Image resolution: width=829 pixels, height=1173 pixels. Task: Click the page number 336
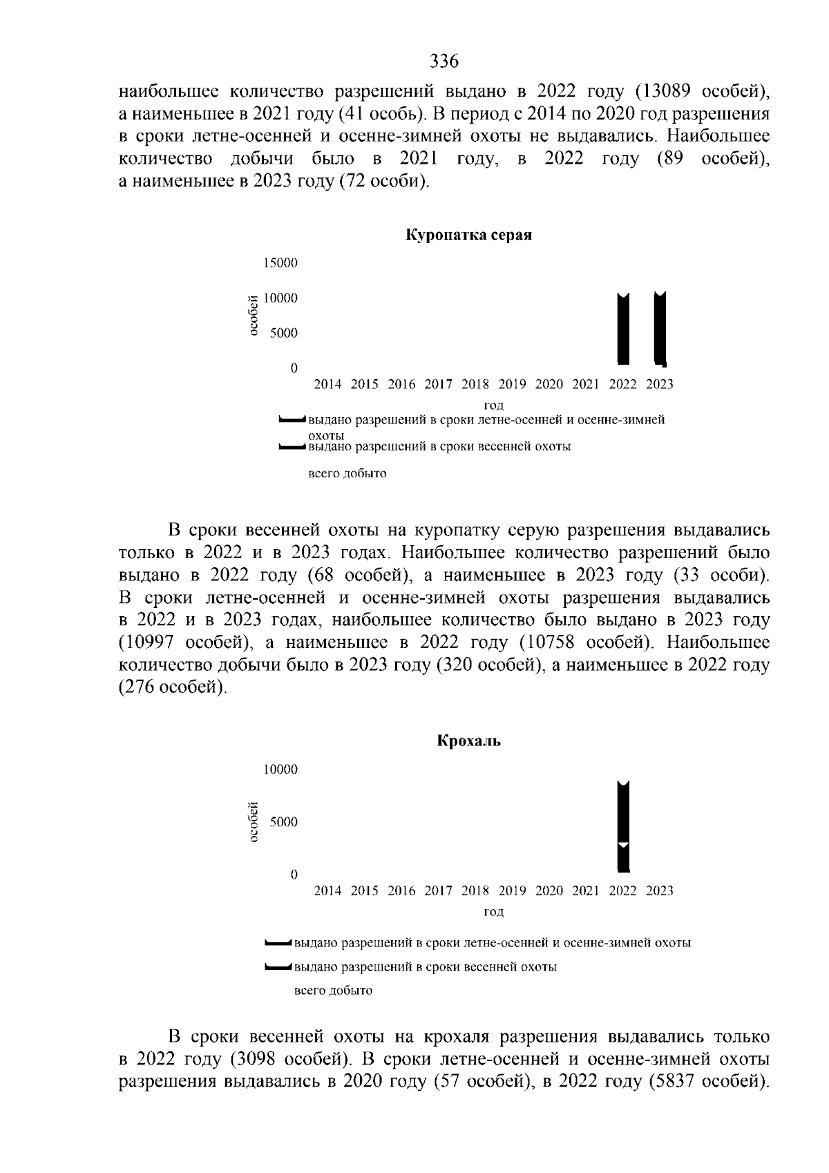tap(444, 61)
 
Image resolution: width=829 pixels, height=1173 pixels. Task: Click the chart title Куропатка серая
tap(468, 235)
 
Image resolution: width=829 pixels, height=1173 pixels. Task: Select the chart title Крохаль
tap(469, 741)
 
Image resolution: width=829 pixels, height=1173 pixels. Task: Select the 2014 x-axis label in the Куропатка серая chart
tap(327, 384)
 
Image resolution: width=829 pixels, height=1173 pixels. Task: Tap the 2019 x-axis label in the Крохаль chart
tap(512, 891)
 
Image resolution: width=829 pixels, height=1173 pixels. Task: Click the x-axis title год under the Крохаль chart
tap(493, 912)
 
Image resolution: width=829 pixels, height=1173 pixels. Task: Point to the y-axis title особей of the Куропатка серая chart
tap(253, 315)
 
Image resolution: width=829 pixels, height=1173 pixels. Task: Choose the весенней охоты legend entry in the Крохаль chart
tap(426, 966)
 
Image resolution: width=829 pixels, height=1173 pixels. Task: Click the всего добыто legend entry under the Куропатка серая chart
tap(347, 474)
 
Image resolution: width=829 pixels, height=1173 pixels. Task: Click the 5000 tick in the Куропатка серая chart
tap(284, 333)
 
